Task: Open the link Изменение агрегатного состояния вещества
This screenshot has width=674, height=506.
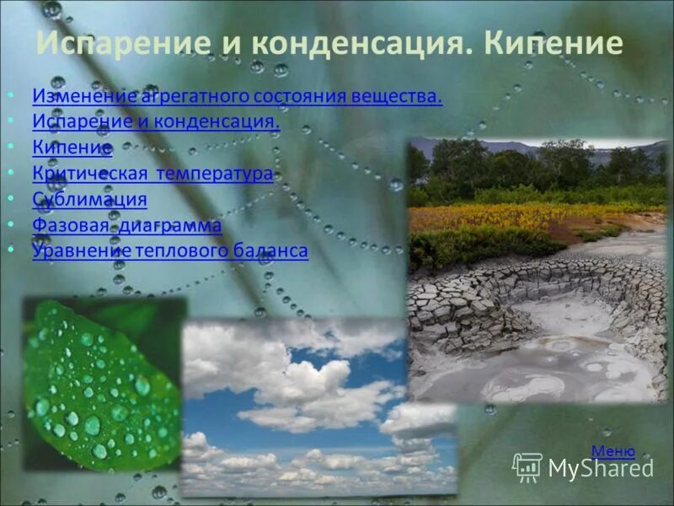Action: click(x=237, y=97)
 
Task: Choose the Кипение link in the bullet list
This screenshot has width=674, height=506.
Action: click(x=72, y=148)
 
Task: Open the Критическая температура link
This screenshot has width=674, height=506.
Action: click(x=152, y=175)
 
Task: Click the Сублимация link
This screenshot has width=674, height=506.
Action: click(x=89, y=200)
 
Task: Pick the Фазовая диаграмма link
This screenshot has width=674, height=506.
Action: click(x=127, y=225)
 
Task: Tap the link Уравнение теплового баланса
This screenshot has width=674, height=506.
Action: click(x=170, y=250)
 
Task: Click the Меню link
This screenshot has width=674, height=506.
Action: click(x=612, y=451)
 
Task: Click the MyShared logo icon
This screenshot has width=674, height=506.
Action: click(x=527, y=467)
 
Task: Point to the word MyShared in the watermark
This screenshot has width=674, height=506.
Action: click(x=601, y=468)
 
